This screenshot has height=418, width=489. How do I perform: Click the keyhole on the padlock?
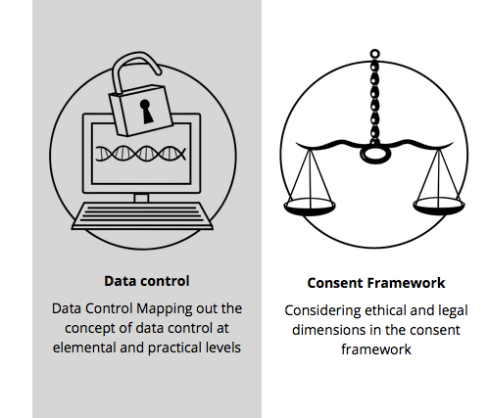(x=146, y=112)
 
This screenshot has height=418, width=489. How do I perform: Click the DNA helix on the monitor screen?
(x=141, y=154)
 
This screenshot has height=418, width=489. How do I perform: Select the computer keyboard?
(x=142, y=215)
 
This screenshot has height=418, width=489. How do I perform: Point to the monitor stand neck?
(x=141, y=198)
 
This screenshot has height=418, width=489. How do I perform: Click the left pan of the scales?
(x=310, y=207)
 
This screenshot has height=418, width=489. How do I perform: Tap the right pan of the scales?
(x=439, y=206)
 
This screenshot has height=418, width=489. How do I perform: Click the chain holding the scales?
(x=374, y=101)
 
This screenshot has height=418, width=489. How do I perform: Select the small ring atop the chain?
(x=374, y=54)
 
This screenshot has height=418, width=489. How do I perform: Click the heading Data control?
(x=147, y=281)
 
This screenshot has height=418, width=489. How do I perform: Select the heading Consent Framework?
(x=376, y=283)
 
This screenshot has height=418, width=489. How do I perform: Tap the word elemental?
(x=84, y=348)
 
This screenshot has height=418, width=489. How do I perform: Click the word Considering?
(x=322, y=311)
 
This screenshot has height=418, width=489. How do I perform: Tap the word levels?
(x=223, y=348)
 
